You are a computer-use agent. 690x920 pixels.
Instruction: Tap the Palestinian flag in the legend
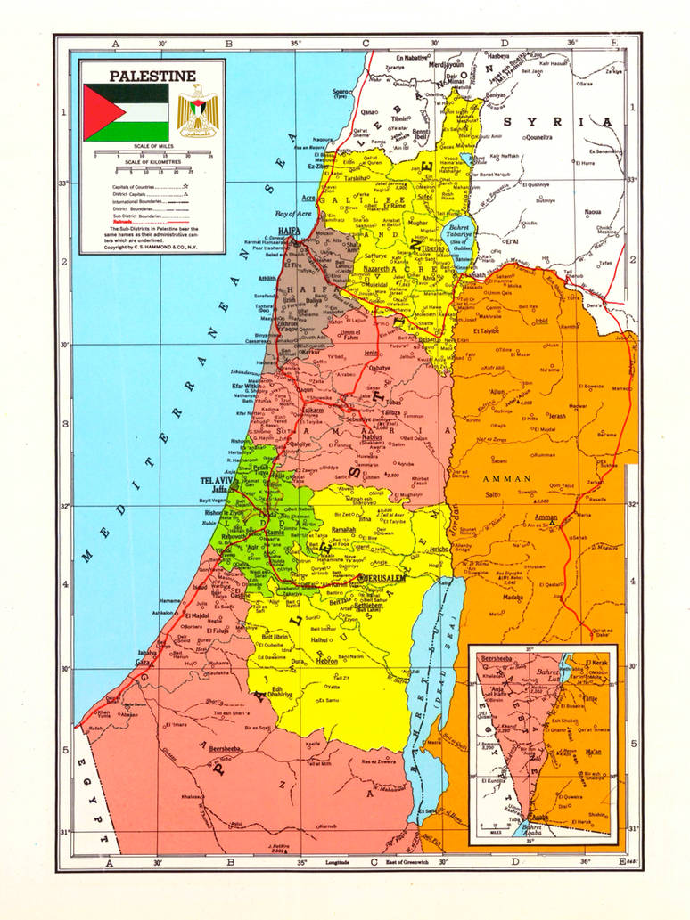[x=126, y=112]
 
